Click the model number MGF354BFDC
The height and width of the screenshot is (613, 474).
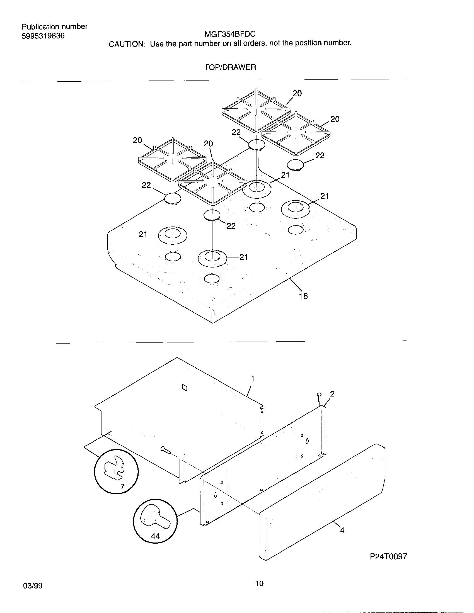[230, 34]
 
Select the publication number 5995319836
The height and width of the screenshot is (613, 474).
[43, 36]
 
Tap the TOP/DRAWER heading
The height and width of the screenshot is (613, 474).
[230, 67]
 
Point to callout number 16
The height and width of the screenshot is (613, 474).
[303, 296]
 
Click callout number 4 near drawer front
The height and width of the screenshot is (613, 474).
[342, 530]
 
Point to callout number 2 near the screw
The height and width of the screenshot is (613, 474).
[332, 394]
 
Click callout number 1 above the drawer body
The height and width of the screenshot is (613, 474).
[253, 379]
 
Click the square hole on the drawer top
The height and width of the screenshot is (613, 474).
[185, 388]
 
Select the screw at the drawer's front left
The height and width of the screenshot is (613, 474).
[166, 450]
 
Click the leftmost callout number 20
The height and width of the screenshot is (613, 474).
[137, 140]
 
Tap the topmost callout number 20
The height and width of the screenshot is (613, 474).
[297, 93]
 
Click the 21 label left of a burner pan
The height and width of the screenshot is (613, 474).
[143, 234]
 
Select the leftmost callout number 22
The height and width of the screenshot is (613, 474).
[146, 185]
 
